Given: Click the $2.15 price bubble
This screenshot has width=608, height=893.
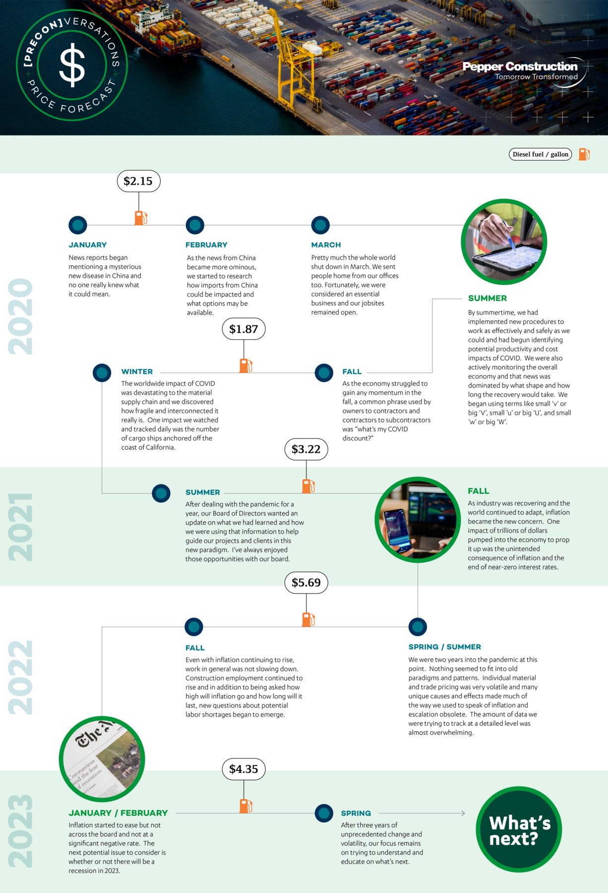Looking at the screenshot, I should (x=138, y=181).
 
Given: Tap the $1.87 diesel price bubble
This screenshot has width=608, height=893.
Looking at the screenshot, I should (x=243, y=329).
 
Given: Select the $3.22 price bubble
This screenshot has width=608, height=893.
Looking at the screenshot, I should (x=306, y=449).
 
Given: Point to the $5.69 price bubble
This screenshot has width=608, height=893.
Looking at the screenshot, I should (x=306, y=582).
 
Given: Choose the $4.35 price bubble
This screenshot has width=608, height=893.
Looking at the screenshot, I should (x=243, y=769).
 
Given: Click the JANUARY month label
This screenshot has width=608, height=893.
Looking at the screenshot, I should (x=88, y=245).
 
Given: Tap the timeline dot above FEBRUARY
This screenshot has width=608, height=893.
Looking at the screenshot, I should (x=195, y=225).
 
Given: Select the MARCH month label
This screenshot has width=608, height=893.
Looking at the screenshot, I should (x=326, y=245).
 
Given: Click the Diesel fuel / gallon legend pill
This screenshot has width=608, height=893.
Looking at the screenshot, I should (x=540, y=154).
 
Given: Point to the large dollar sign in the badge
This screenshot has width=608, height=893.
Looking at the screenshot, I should (x=72, y=65).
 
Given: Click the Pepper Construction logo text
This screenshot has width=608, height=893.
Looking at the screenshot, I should (x=520, y=66).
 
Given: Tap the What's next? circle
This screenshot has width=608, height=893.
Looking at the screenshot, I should (x=519, y=829).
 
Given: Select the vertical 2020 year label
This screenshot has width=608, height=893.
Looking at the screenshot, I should (x=20, y=317).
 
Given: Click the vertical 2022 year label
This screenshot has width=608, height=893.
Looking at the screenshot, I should (x=20, y=677).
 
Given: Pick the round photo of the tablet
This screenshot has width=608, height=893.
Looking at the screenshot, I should (x=504, y=242).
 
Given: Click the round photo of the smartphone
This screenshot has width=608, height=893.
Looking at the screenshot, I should (x=418, y=520).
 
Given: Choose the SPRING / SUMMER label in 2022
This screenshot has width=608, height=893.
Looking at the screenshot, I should (x=444, y=647).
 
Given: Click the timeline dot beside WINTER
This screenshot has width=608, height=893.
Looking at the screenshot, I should (x=102, y=373).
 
